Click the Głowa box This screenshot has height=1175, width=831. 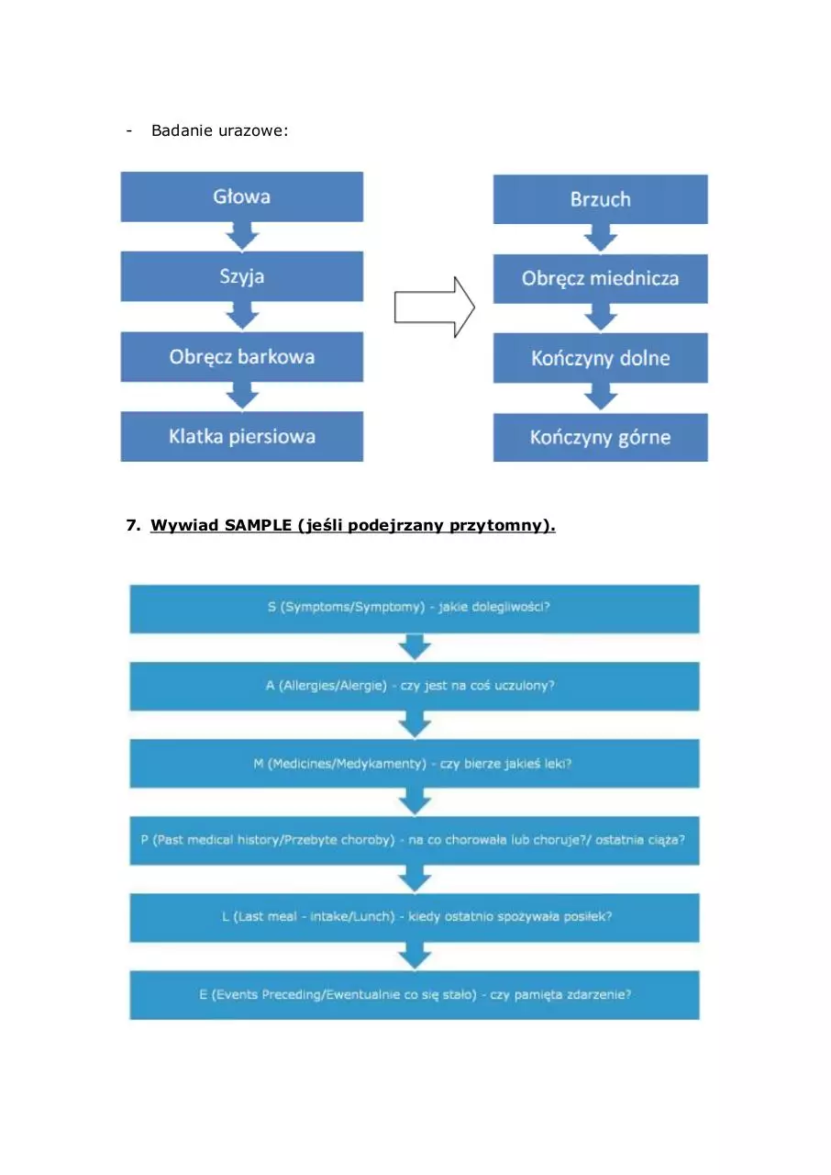[x=241, y=196]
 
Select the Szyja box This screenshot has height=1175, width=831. [x=241, y=276]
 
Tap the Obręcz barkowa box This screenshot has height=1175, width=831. [x=241, y=357]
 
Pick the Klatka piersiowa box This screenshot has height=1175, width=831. [x=241, y=436]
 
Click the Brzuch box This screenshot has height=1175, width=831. [x=601, y=199]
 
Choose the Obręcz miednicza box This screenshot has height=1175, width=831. [x=601, y=278]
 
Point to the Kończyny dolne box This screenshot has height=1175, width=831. [x=601, y=358]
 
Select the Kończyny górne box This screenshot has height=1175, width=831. [x=601, y=438]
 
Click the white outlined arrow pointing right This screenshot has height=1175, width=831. [x=435, y=308]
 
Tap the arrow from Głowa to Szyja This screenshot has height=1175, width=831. [x=242, y=236]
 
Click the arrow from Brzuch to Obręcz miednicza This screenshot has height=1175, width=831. [x=601, y=239]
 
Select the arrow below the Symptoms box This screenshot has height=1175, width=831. [x=415, y=647]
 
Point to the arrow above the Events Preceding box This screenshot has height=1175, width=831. [x=415, y=957]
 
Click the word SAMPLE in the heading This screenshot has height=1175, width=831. [x=258, y=525]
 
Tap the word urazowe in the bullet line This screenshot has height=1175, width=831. [x=253, y=130]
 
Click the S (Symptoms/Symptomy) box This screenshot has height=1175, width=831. [x=415, y=609]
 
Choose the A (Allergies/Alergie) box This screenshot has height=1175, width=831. [x=415, y=686]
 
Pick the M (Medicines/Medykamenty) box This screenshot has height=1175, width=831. [x=415, y=763]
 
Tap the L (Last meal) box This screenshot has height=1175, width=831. [x=415, y=918]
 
